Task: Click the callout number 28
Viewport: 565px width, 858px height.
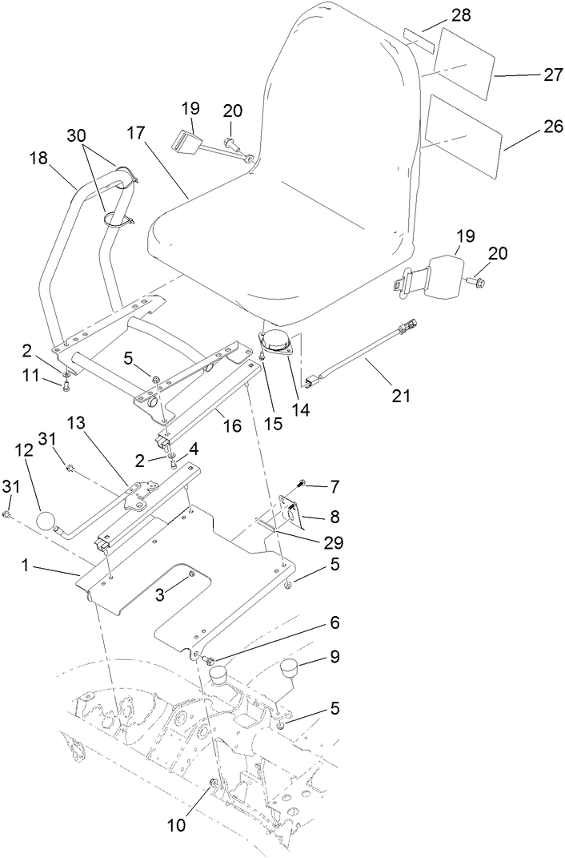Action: coord(439,15)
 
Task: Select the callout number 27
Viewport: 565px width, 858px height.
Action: coord(531,75)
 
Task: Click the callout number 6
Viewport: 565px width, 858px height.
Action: coord(335,622)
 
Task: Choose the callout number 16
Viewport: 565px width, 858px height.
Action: coord(232,425)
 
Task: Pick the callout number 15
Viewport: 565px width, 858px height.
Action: coord(274,425)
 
